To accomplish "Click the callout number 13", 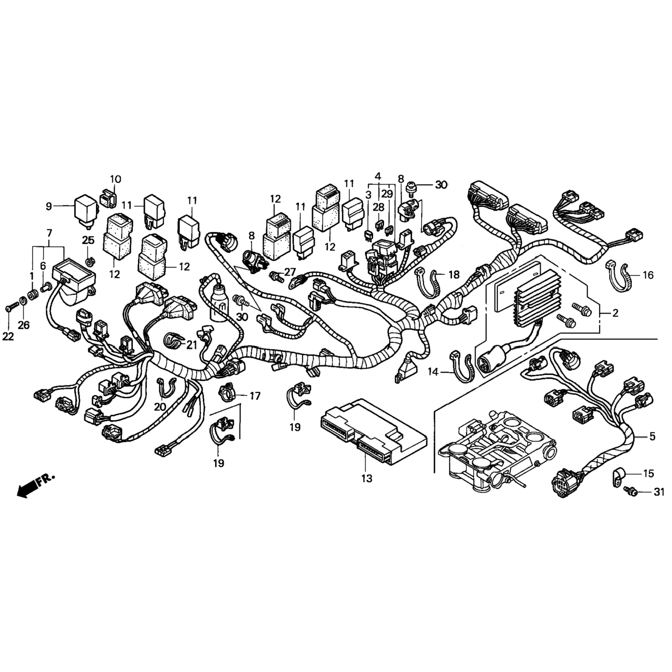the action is coord(366,478).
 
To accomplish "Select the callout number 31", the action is coord(658,492).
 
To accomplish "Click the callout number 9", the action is coord(49,206).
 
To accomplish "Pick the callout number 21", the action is coord(192,345).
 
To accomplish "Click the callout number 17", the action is coord(254,396).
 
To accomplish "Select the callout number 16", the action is coord(648,275).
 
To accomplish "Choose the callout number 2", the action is coord(615,313).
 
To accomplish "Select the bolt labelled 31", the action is coord(631,491).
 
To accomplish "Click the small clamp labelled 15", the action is coord(619,475).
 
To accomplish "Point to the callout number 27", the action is coord(290,272).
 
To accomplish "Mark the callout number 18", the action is coord(454,274).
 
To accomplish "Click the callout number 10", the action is coord(115,179).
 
